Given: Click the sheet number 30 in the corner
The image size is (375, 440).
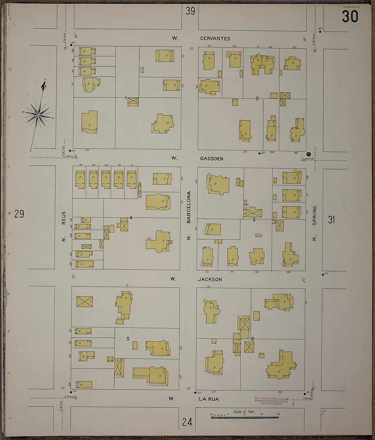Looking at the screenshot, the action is click(350, 16).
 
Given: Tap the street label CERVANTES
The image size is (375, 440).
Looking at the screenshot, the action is click(215, 39).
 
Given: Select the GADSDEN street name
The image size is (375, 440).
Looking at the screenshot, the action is click(211, 159).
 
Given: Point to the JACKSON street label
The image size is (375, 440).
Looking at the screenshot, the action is click(210, 279).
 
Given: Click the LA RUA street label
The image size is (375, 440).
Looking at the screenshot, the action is click(208, 399).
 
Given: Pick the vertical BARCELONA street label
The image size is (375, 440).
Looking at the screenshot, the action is click(189, 207).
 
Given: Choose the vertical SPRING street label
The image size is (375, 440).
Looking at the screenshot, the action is click(314, 215).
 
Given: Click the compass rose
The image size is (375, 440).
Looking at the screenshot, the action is click(39, 115).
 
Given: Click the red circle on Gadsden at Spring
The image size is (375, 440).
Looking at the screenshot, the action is click(309, 154).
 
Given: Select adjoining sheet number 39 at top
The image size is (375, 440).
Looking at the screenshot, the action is click(190, 11).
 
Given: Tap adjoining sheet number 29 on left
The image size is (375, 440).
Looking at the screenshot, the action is click(19, 214).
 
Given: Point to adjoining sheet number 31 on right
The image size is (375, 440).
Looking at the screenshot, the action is click(331, 219).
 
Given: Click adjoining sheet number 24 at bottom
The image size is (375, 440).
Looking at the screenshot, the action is click(187, 422).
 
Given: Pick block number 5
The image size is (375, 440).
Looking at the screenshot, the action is click(128, 339).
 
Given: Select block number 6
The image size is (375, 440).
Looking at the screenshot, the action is click(253, 339).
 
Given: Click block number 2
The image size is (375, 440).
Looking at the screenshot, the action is click(257, 98).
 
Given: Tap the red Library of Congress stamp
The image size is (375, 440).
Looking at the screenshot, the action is click(271, 401).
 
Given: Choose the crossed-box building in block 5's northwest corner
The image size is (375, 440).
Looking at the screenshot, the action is click(85, 301).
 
